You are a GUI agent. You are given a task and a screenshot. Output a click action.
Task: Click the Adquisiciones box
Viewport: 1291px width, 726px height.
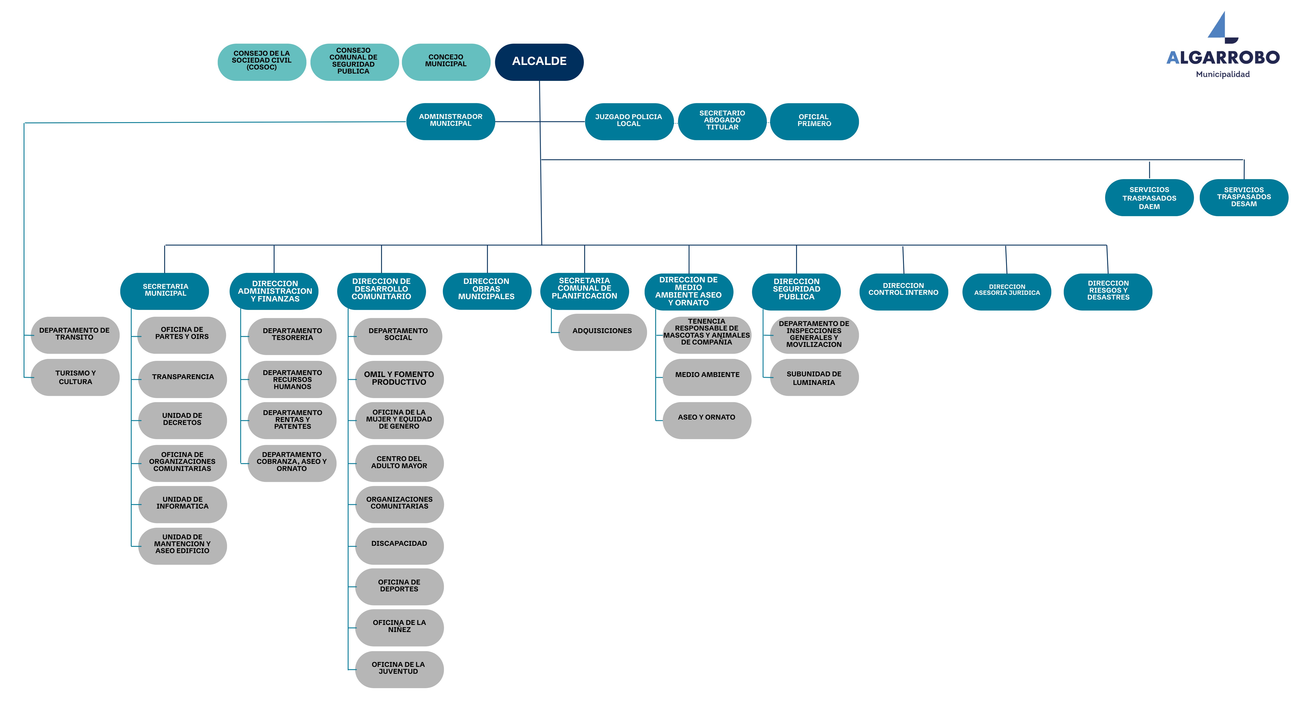click(x=602, y=332)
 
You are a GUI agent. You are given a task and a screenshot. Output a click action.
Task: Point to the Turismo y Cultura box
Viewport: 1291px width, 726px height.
click(x=75, y=377)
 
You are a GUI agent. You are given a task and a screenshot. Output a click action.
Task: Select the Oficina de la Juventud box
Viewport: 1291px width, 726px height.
click(x=399, y=669)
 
